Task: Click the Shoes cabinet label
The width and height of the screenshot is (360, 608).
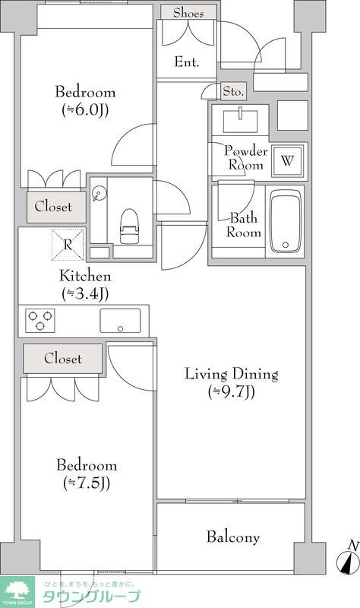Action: (188, 13)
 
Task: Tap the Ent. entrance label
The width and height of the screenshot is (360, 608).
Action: (187, 62)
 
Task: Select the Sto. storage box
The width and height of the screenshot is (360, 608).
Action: (234, 91)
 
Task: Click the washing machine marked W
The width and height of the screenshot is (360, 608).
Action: (287, 160)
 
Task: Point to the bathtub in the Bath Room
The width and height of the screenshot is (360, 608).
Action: (286, 221)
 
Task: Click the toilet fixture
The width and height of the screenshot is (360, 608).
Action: (129, 226)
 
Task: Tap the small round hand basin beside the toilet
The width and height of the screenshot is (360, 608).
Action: (99, 193)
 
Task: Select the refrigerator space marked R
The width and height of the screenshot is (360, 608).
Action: (68, 245)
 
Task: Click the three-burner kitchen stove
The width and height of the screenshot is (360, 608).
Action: (40, 320)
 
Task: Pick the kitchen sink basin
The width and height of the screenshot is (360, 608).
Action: (120, 321)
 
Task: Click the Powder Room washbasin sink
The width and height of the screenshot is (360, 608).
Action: (240, 121)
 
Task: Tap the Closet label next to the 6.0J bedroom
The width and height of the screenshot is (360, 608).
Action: (53, 206)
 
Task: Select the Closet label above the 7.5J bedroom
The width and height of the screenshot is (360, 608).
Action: (63, 358)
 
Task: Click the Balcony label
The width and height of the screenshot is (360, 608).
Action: (233, 537)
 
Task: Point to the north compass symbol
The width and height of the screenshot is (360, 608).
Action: (348, 559)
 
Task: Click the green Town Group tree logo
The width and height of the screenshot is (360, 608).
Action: (17, 592)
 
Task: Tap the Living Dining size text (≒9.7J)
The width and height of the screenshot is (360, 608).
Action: (232, 392)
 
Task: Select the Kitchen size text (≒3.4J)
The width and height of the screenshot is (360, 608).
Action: (85, 294)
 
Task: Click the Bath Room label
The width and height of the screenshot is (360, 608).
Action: (243, 225)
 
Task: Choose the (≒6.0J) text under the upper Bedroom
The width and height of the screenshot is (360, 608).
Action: (85, 110)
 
